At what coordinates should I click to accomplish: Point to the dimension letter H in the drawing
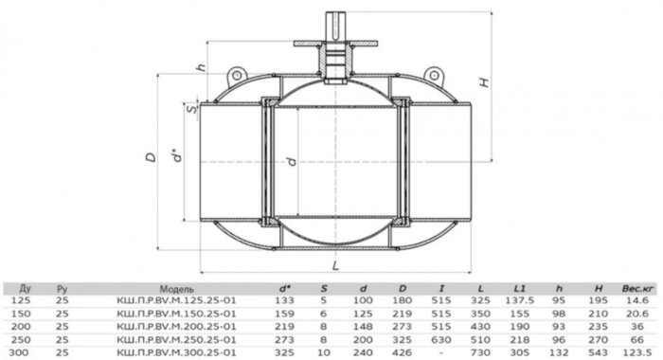(x=486, y=82)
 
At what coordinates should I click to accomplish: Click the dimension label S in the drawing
(x=191, y=110)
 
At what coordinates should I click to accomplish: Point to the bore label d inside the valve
(x=290, y=162)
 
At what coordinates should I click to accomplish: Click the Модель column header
(x=178, y=285)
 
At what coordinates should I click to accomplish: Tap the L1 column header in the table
(x=519, y=285)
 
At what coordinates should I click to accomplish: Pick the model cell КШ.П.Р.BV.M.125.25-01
(x=178, y=297)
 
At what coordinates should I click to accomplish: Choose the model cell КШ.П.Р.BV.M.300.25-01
(x=178, y=350)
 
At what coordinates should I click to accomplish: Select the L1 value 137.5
(x=519, y=297)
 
